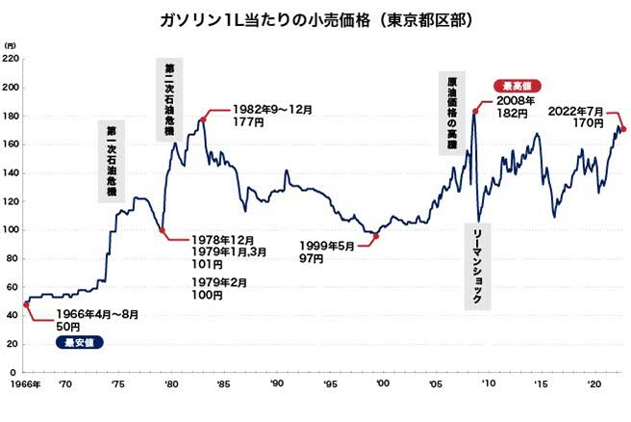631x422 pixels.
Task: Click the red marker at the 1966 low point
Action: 26,304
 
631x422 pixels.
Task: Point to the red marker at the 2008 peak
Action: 475,112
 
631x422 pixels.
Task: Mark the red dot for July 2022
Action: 623,129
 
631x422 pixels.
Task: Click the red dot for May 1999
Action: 376,236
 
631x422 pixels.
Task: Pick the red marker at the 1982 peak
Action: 202,119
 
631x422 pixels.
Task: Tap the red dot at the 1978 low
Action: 161,230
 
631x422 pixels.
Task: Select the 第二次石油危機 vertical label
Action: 170,101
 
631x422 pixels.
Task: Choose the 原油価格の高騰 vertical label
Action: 452,112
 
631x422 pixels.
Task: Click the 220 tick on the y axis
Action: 12,59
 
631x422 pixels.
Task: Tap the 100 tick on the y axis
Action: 12,229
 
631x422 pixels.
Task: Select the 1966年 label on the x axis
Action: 23,385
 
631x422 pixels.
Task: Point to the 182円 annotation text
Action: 512,114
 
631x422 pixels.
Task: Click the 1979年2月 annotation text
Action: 220,282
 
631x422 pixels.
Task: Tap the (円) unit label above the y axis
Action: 10,45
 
